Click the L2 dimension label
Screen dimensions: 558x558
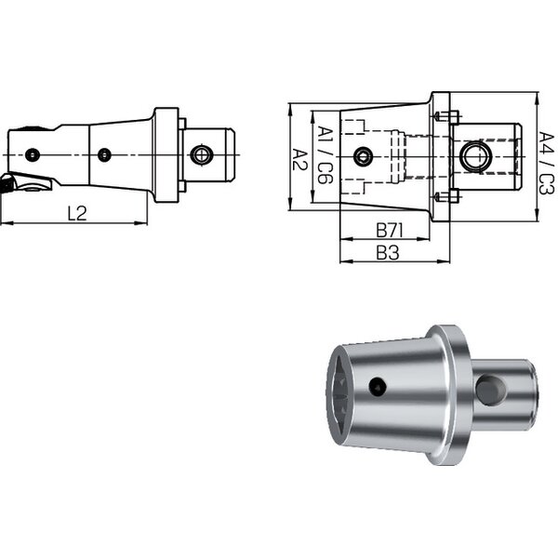point(77,213)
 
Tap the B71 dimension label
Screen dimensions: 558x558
point(390,231)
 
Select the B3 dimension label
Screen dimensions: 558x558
point(388,253)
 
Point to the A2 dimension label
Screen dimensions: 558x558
point(299,160)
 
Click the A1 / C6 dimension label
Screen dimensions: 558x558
point(325,154)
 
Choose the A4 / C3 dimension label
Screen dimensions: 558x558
point(547,163)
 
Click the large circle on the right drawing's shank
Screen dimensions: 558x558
point(475,156)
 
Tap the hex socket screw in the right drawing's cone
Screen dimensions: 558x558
point(363,156)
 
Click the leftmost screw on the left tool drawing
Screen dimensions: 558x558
point(33,154)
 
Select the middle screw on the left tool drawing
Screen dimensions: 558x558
point(104,154)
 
